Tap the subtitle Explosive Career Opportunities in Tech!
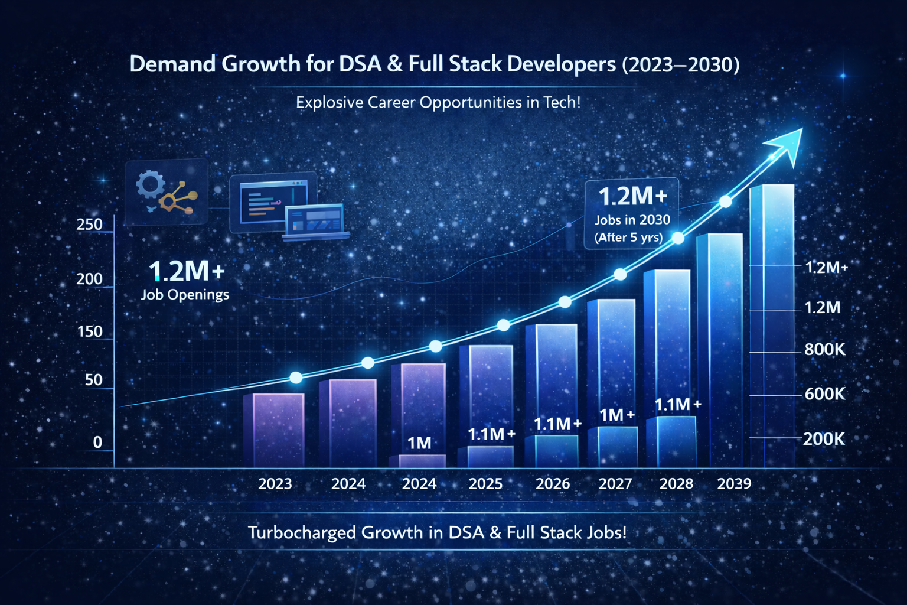(438, 102)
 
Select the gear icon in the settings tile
(149, 184)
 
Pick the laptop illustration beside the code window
(314, 222)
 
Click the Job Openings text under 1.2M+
(185, 294)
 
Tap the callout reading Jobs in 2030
(632, 220)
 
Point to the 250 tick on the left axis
(90, 225)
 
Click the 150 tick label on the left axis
(90, 331)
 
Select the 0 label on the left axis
(97, 442)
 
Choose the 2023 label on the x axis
(275, 484)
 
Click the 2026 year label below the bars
(553, 484)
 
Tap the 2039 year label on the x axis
(734, 484)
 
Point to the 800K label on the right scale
(825, 350)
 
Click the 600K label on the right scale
(825, 393)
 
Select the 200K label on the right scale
(824, 439)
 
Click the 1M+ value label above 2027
(617, 415)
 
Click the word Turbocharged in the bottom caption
(302, 533)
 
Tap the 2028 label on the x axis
(676, 484)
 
